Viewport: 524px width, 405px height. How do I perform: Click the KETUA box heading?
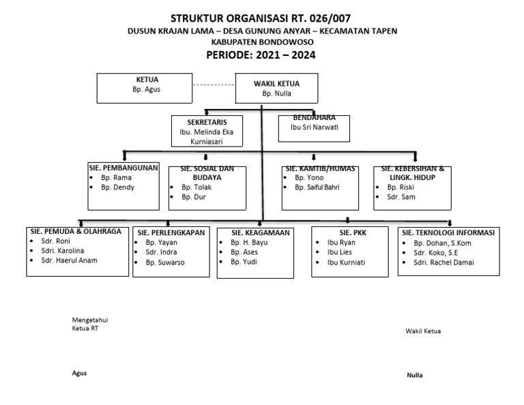coord(147,80)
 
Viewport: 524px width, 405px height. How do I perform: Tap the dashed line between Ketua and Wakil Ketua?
coord(213,85)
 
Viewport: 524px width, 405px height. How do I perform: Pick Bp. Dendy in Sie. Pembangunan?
coord(117,187)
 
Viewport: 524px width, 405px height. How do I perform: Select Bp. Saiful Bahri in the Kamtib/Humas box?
coord(317,187)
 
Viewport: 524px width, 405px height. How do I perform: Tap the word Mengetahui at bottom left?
coord(90,320)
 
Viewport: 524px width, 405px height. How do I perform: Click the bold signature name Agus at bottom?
coord(79,373)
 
